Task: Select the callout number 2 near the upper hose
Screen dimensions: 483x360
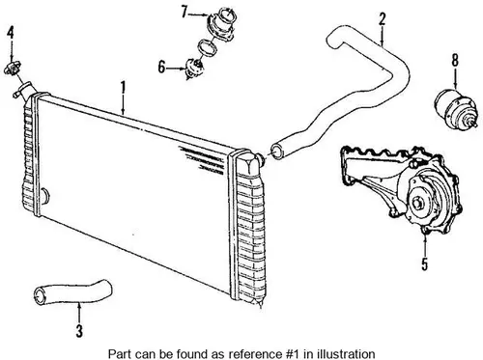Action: pos(382,18)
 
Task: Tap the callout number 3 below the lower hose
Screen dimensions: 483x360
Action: pos(79,331)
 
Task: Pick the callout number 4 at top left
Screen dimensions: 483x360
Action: pos(11,33)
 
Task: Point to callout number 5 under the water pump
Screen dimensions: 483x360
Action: pos(425,264)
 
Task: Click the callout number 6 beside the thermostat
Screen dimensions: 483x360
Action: pos(161,68)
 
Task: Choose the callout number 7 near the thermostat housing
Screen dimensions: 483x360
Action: pos(185,12)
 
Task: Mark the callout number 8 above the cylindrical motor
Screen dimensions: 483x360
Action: pos(455,60)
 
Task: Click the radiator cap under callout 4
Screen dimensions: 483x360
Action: pos(12,69)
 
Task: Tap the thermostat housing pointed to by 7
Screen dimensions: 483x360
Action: pos(222,24)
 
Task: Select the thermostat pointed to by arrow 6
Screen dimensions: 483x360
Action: pos(193,69)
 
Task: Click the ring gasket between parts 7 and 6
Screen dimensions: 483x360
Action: pos(207,47)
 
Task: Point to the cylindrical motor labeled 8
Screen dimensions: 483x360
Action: pos(455,109)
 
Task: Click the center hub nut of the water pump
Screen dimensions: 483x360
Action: pos(418,202)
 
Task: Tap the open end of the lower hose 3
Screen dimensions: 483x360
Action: pos(41,295)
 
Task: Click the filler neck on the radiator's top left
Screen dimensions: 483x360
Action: pos(24,90)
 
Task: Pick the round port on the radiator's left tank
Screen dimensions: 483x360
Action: pos(44,196)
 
